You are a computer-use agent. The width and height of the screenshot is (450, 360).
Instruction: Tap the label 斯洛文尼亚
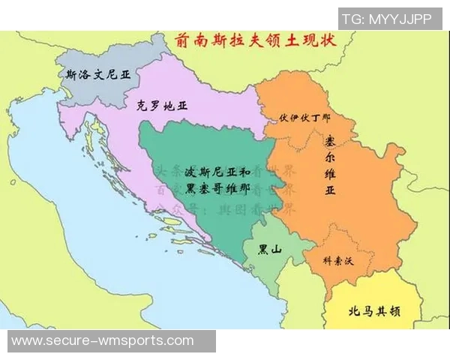(92, 74)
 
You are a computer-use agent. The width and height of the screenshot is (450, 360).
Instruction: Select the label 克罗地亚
(162, 106)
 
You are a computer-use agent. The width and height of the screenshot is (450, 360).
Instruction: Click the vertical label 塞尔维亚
(330, 165)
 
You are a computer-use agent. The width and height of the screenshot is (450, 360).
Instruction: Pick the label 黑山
(269, 250)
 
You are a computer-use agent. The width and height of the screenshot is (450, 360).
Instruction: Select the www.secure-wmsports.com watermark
(102, 341)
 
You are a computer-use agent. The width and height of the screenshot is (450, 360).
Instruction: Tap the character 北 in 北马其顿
(353, 310)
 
